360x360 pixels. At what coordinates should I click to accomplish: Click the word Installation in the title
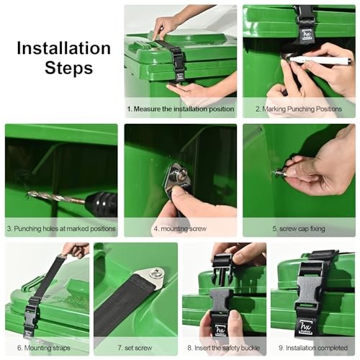[x=64, y=49]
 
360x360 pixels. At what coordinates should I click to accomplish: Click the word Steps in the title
[x=68, y=68]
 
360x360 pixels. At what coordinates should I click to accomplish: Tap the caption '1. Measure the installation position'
[x=180, y=109]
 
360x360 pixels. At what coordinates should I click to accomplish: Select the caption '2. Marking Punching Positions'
[x=299, y=109]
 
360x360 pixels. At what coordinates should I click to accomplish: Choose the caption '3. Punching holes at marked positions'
[x=61, y=228]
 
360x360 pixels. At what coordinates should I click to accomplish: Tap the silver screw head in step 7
[x=156, y=272]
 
